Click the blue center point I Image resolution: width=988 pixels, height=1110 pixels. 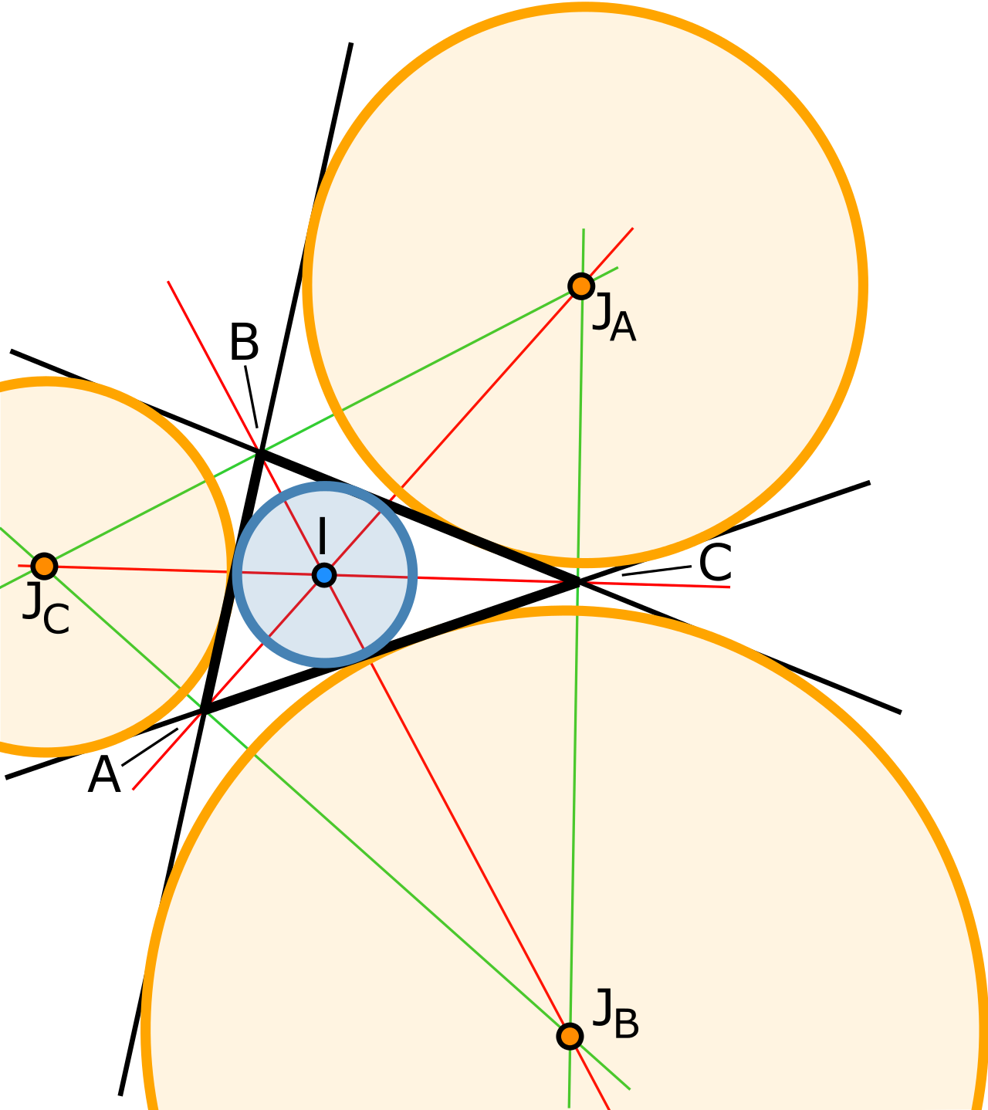point(324,575)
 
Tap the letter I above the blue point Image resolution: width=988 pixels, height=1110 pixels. point(322,536)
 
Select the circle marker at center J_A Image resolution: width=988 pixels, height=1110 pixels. point(580,286)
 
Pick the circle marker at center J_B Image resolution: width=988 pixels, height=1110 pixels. point(570,1036)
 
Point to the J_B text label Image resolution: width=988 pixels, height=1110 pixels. point(615,1014)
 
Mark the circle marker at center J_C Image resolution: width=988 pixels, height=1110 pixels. point(44,566)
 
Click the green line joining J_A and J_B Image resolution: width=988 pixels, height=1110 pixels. point(574,772)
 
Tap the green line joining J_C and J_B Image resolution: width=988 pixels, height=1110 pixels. point(386,872)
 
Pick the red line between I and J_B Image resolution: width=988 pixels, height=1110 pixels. point(463,841)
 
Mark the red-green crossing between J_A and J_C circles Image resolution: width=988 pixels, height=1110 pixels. point(259,451)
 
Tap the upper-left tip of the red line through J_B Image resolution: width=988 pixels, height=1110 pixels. point(168,283)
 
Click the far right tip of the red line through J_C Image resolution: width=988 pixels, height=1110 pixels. point(729,587)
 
